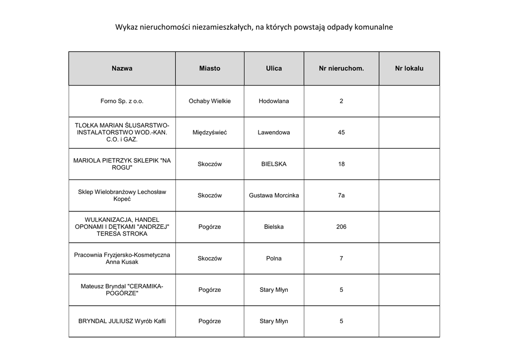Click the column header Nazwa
pos(122,69)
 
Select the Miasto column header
pos(210,69)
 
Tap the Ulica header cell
pos(274,69)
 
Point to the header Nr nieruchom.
pos(341,69)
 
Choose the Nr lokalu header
pos(409,69)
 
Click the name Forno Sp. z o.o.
pos(122,101)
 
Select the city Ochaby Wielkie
pos(210,101)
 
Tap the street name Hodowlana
pos(274,101)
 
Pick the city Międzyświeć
pos(210,133)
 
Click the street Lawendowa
pos(274,133)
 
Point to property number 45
pos(341,133)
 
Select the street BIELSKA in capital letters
pos(274,164)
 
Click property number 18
pos(341,164)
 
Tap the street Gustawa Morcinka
pos(274,195)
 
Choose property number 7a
pos(341,195)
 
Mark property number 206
pos(341,227)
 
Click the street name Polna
pos(274,259)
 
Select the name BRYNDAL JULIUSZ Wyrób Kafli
pos(122,321)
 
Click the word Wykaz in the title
pos(125,27)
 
